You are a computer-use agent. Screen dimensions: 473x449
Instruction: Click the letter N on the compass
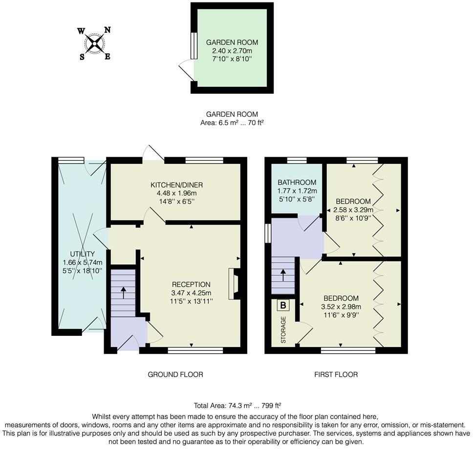[107, 30]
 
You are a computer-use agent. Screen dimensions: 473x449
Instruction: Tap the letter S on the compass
[82, 57]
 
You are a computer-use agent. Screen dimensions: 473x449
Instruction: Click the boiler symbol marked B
[283, 305]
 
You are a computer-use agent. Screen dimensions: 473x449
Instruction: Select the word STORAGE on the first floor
[283, 330]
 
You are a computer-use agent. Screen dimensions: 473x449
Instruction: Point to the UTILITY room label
[82, 254]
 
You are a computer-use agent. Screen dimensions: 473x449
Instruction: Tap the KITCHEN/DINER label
[177, 184]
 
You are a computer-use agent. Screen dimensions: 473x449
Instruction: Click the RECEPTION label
[191, 285]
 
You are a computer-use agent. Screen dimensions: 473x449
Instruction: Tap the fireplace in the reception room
[234, 284]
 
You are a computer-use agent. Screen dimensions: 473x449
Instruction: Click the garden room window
[193, 45]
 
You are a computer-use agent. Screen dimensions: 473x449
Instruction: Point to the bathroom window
[297, 160]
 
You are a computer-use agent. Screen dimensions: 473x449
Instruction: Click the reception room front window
[195, 350]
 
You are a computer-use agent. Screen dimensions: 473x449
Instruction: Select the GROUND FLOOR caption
[175, 374]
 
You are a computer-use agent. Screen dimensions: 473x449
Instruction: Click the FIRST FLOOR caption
[336, 374]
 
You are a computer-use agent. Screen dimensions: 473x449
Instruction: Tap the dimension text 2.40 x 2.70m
[232, 51]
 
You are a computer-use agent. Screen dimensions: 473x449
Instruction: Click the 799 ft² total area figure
[271, 406]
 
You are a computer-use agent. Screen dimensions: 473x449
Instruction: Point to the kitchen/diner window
[204, 160]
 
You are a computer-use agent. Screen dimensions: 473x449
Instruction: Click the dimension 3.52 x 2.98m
[341, 307]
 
